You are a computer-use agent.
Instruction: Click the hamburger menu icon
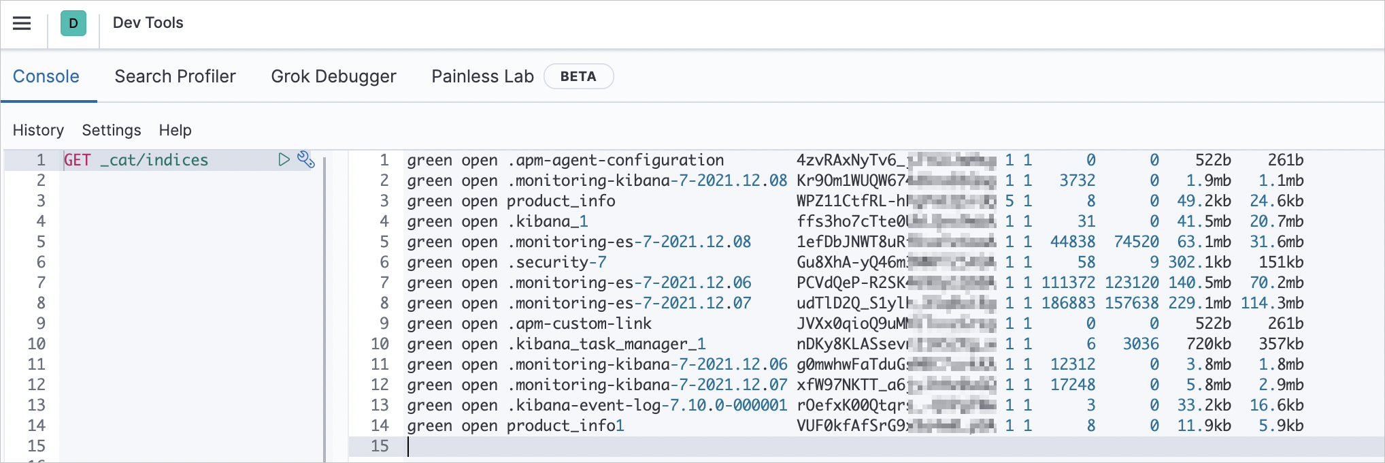tap(22, 23)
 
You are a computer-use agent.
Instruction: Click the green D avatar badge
tap(73, 23)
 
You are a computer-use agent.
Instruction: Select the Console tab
tap(46, 76)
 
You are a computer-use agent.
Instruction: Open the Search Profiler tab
tap(175, 76)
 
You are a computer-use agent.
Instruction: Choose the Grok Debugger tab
tap(333, 76)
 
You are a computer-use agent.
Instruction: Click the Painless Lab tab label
tap(482, 76)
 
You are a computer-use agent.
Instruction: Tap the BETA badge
tap(578, 76)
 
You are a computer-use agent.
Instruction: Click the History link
tap(38, 130)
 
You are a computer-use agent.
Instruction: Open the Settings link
tap(112, 130)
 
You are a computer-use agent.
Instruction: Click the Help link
tap(175, 130)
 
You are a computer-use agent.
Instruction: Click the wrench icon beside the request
tap(306, 159)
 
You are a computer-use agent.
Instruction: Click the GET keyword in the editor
tap(78, 160)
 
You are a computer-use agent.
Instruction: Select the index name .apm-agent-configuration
tap(615, 160)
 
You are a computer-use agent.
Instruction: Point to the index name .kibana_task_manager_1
tap(606, 344)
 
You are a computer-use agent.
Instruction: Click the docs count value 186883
tap(1068, 303)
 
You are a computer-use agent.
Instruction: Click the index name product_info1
tap(565, 426)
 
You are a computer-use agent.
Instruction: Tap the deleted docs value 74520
tap(1136, 242)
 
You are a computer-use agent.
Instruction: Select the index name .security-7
tap(556, 262)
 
